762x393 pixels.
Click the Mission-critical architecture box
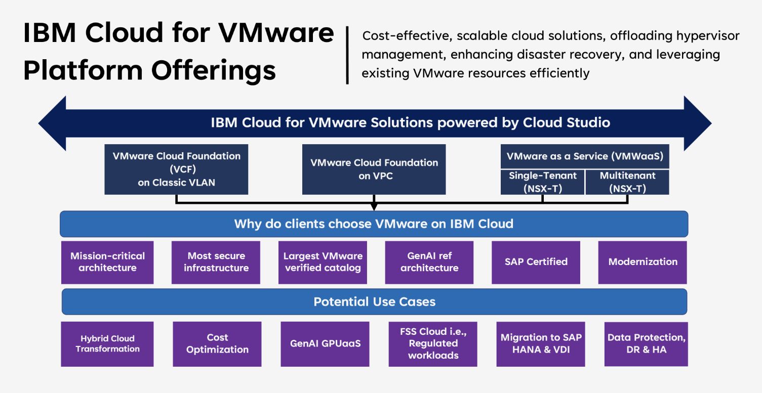tap(107, 262)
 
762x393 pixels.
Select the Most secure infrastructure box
tap(216, 262)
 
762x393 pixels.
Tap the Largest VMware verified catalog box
tap(323, 262)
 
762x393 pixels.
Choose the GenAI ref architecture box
tap(429, 262)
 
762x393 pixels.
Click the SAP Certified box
tap(536, 262)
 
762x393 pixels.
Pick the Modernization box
tap(643, 262)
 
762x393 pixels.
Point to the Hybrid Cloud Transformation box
tap(107, 344)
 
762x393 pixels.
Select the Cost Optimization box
tap(217, 344)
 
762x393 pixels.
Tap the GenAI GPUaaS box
tap(325, 344)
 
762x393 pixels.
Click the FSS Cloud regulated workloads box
tap(433, 344)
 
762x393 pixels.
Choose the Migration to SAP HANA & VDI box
tap(541, 344)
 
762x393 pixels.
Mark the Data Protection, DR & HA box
tap(646, 344)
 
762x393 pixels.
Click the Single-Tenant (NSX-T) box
tap(542, 182)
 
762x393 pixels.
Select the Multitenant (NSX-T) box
tap(627, 182)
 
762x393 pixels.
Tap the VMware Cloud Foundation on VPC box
tap(374, 169)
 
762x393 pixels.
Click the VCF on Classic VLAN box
tap(176, 169)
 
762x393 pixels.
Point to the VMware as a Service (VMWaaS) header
tap(585, 156)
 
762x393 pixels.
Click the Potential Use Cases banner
tap(374, 302)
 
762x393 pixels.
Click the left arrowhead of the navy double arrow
tap(53, 123)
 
